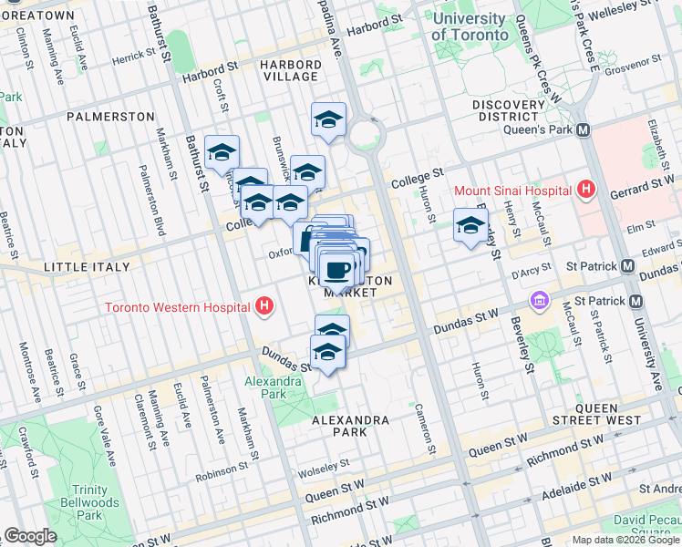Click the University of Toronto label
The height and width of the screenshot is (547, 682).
click(x=470, y=26)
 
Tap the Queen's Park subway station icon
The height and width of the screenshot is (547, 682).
click(x=581, y=130)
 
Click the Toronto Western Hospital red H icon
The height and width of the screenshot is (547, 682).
click(x=264, y=306)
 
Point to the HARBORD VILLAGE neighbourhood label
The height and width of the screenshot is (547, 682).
click(x=290, y=70)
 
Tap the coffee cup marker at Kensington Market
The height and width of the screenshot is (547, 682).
click(x=337, y=270)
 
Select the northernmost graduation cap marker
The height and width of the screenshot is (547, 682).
click(x=329, y=119)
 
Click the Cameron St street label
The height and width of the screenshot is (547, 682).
click(x=425, y=428)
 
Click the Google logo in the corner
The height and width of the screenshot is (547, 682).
click(x=30, y=536)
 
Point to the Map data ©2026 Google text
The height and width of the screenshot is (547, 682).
click(x=625, y=540)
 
